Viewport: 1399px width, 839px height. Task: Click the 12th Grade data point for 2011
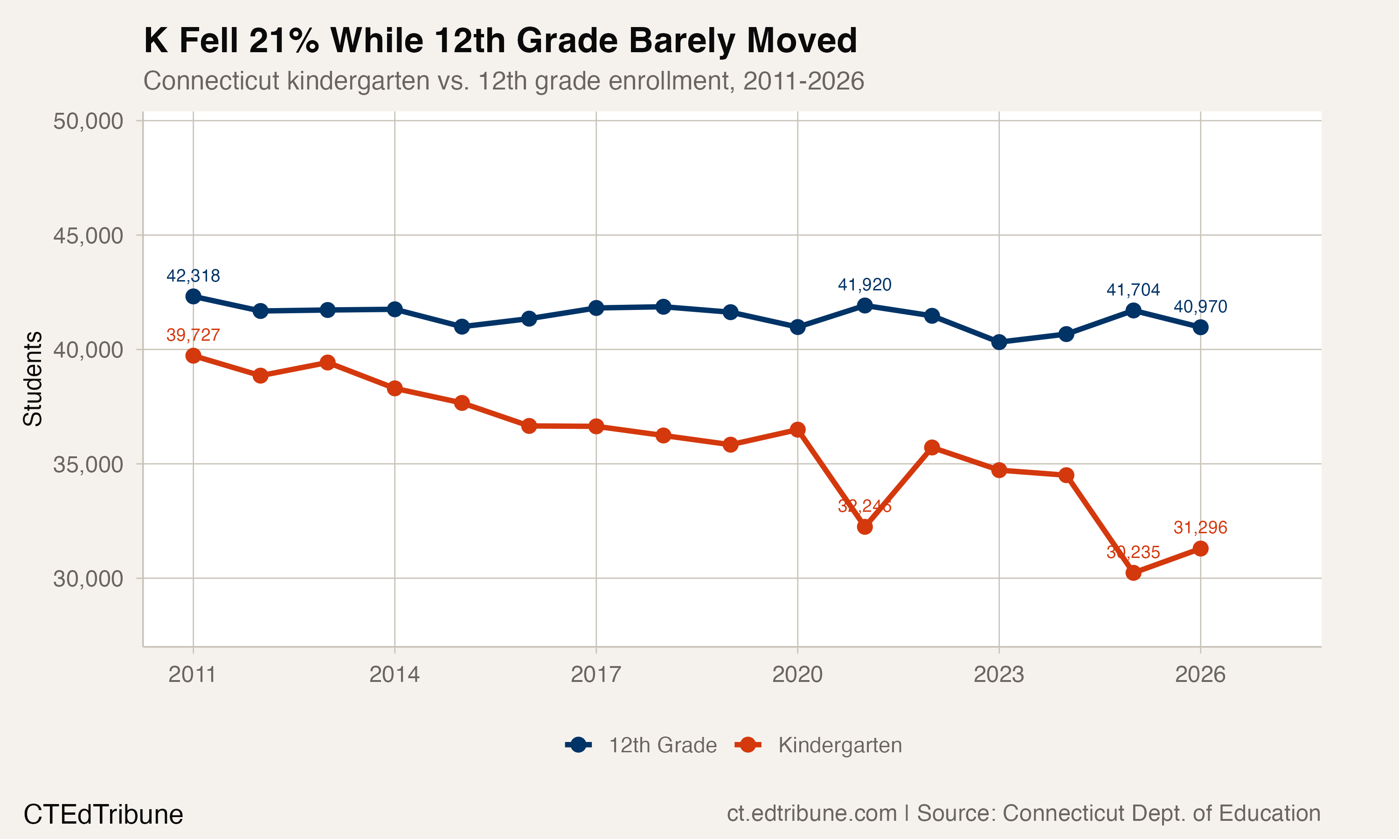pyautogui.click(x=194, y=296)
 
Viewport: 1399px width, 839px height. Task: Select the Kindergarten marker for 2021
pyautogui.click(x=865, y=527)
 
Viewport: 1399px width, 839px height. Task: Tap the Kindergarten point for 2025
pyautogui.click(x=1133, y=573)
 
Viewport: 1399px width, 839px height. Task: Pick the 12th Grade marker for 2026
pyautogui.click(x=1200, y=327)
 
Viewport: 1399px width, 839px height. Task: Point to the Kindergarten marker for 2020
pyautogui.click(x=797, y=430)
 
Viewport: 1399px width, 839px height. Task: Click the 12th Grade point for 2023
pyautogui.click(x=999, y=342)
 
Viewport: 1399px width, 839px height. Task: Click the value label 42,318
pyautogui.click(x=193, y=276)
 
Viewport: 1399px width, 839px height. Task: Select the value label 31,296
pyautogui.click(x=1200, y=528)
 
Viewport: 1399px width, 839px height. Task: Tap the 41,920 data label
pyautogui.click(x=864, y=285)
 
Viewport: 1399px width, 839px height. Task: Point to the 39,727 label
pyautogui.click(x=193, y=335)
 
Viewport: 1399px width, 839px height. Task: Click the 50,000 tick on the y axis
pyautogui.click(x=88, y=121)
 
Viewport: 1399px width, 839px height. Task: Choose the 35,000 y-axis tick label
pyautogui.click(x=88, y=465)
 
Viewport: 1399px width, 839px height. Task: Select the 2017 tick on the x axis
pyautogui.click(x=596, y=674)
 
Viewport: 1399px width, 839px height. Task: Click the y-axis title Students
pyautogui.click(x=33, y=379)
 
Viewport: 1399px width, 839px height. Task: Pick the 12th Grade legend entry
pyautogui.click(x=642, y=745)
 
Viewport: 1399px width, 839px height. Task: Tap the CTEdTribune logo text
pyautogui.click(x=104, y=815)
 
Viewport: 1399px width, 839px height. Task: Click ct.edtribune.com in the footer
pyautogui.click(x=811, y=813)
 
